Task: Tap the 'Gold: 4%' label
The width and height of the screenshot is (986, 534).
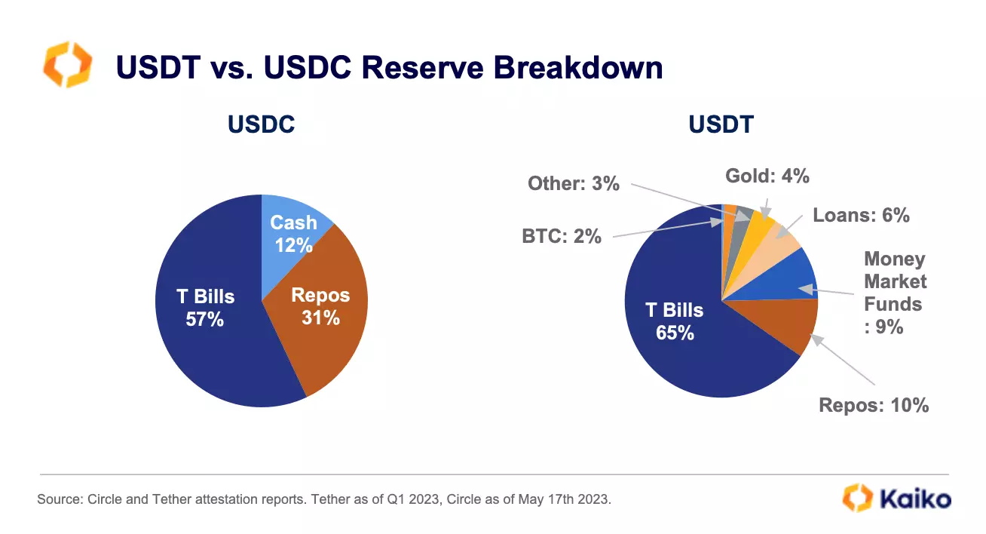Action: point(767,176)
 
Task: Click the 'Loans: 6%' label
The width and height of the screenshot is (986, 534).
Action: point(861,215)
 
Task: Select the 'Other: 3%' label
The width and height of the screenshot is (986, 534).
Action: point(574,183)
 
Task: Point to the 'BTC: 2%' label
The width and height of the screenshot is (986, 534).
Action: point(562,236)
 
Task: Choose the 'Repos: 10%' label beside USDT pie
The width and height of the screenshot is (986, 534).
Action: point(874,405)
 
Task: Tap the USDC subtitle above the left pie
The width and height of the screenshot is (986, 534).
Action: point(262,124)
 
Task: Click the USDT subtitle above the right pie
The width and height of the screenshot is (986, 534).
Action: point(721,124)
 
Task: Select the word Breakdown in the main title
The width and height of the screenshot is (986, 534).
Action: point(578,68)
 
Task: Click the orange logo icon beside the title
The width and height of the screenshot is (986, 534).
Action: point(68,65)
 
